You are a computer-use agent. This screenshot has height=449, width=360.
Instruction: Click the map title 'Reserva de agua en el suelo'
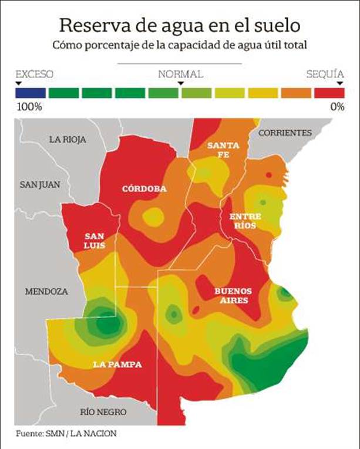(180, 25)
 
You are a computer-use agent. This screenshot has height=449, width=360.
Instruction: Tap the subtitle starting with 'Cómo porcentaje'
(180, 45)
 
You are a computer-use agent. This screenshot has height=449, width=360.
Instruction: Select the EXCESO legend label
(34, 75)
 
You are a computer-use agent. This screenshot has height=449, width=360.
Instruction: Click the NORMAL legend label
(180, 75)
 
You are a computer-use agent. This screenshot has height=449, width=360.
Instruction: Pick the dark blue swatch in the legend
(31, 93)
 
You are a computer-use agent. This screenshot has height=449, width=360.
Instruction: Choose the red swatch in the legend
(329, 93)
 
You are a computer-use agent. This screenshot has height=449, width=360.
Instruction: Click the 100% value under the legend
(30, 107)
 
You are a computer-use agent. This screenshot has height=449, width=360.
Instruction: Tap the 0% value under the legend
(337, 107)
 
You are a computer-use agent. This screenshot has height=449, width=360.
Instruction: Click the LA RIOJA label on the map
(68, 140)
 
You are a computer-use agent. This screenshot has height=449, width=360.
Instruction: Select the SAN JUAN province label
(40, 184)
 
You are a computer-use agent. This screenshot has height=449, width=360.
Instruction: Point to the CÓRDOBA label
(144, 189)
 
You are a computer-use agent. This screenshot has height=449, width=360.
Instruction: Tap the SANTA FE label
(223, 150)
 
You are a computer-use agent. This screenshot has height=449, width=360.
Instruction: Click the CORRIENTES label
(285, 133)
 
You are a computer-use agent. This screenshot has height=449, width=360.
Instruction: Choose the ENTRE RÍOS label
(245, 221)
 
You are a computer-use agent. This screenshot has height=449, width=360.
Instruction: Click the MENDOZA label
(46, 291)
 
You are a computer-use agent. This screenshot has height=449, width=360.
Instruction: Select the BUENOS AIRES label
(233, 296)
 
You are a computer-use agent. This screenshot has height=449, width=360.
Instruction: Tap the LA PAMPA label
(117, 364)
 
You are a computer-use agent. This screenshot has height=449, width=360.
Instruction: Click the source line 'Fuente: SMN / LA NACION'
(66, 434)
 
